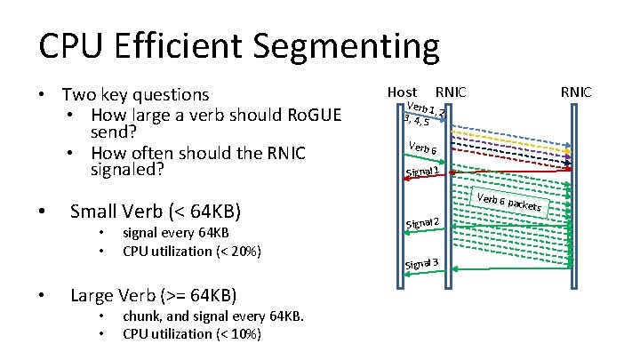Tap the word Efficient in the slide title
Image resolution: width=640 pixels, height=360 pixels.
(185, 47)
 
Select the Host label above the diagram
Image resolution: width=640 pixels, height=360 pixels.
(403, 92)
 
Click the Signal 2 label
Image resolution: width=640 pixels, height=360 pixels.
(422, 221)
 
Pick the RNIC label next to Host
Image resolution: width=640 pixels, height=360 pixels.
(450, 92)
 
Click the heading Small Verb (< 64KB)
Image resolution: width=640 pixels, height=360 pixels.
(155, 212)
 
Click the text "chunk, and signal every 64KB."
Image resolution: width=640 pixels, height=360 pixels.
(213, 317)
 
